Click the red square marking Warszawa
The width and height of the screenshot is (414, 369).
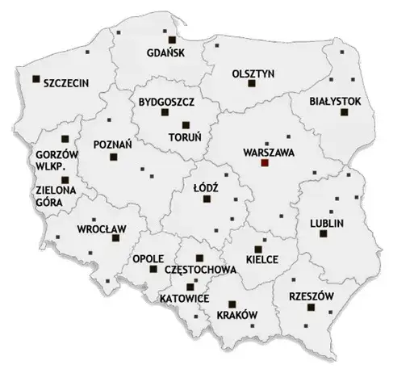click(264, 163)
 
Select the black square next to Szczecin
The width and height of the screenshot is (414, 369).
click(36, 79)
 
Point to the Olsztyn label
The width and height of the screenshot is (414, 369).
click(253, 73)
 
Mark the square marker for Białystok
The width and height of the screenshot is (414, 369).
click(343, 117)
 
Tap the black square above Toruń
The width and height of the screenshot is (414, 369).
click(186, 124)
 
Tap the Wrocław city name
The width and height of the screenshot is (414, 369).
click(101, 229)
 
